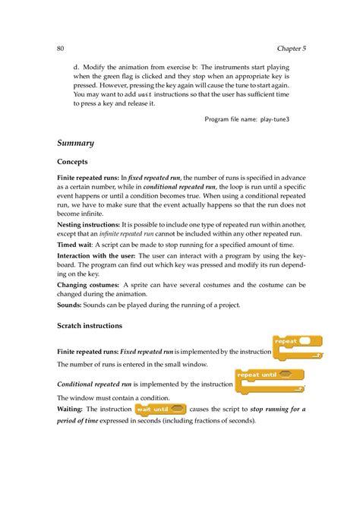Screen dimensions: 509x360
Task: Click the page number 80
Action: pyautogui.click(x=61, y=48)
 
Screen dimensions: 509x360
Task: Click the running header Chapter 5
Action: pyautogui.click(x=292, y=48)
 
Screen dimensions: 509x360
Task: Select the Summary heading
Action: pyautogui.click(x=75, y=143)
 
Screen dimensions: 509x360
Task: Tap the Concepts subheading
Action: pyautogui.click(x=73, y=162)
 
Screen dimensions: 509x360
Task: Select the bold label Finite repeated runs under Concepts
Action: pyautogui.click(x=88, y=177)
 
